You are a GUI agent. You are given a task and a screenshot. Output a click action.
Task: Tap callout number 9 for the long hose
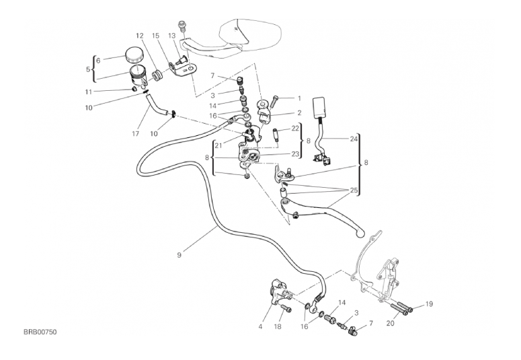[x=179, y=254]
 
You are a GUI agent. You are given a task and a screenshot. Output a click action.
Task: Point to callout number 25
[x=354, y=191]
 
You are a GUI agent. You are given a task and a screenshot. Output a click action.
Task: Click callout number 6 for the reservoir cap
[x=98, y=60]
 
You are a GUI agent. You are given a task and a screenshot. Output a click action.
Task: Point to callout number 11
[x=88, y=92]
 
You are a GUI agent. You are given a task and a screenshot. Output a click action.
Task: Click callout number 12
[x=139, y=35]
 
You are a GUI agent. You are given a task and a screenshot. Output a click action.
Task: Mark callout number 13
[x=172, y=35]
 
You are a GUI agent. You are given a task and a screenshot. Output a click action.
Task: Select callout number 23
[x=295, y=153]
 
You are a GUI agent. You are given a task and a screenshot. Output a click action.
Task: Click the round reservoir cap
[x=137, y=54]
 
